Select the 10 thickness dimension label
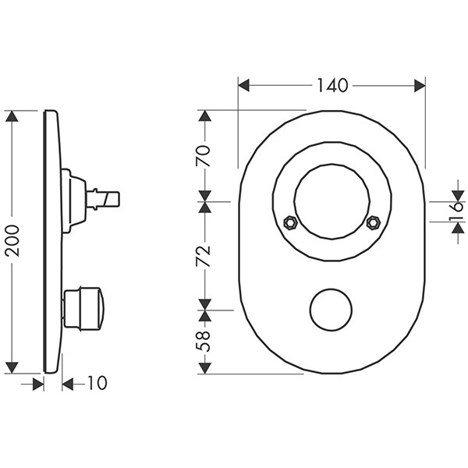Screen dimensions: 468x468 pyautogui.click(x=97, y=384)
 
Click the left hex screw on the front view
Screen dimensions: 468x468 pyautogui.click(x=289, y=222)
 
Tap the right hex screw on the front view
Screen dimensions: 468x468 pyautogui.click(x=372, y=222)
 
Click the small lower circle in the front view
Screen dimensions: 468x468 pyautogui.click(x=331, y=310)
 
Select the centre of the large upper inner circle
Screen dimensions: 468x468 pyautogui.click(x=331, y=200)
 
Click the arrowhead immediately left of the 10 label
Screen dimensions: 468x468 pyautogui.click(x=68, y=384)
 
